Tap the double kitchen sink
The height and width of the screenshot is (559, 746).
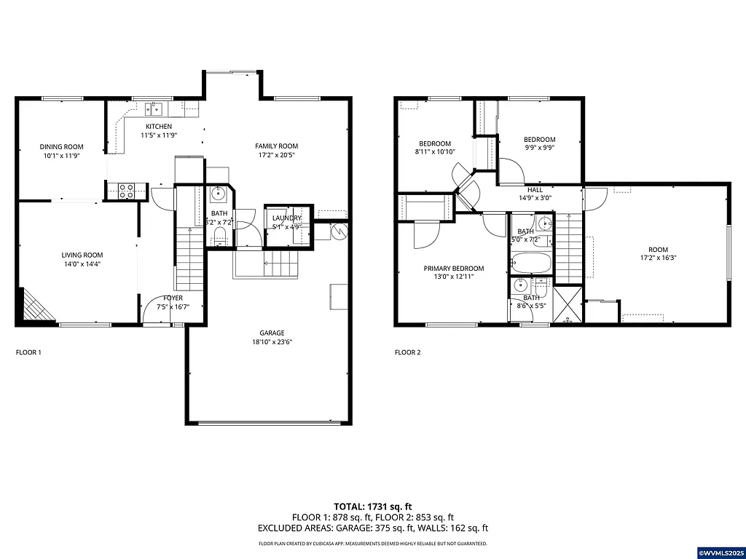point(153,109)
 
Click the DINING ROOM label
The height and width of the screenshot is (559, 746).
point(61,147)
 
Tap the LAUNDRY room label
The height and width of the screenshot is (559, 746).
point(286,218)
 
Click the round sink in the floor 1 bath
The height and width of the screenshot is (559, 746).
point(218,194)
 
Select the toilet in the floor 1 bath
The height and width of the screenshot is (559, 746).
point(221,234)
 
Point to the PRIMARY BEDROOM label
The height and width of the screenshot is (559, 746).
point(454,269)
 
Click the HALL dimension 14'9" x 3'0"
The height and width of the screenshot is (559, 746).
point(535,198)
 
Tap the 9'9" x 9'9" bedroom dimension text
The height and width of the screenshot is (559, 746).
point(539,148)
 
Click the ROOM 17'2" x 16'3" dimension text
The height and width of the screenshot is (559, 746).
point(658,258)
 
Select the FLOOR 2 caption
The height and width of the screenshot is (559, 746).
point(407,352)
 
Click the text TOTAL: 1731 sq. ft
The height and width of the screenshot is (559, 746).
point(373,506)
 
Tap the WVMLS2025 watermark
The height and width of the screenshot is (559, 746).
point(721,552)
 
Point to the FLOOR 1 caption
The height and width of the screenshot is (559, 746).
point(28,352)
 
